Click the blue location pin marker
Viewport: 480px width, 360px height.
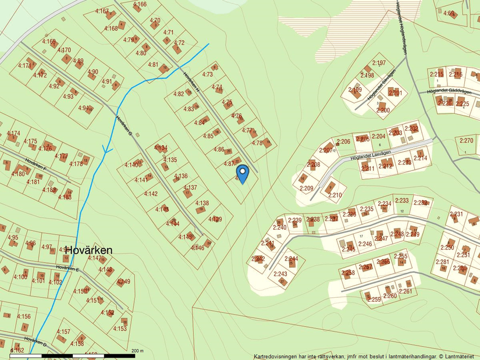tap(242, 174)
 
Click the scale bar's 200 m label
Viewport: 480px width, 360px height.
tap(137, 351)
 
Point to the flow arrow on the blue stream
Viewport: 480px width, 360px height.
tap(106, 149)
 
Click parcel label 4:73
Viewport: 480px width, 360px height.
tap(208, 74)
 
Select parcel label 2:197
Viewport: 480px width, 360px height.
tap(379, 63)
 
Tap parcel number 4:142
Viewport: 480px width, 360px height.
tap(151, 194)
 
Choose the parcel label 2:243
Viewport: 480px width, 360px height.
tap(280, 274)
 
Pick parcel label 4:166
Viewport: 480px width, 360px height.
tap(140, 5)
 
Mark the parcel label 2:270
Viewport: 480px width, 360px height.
tap(466, 140)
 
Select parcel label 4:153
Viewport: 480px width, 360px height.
tap(120, 329)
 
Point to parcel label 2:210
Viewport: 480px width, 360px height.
tap(335, 195)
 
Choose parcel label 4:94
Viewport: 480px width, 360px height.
tap(84, 108)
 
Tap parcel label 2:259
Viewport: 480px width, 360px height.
tap(374, 300)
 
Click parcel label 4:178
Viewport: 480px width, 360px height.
tap(76, 164)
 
